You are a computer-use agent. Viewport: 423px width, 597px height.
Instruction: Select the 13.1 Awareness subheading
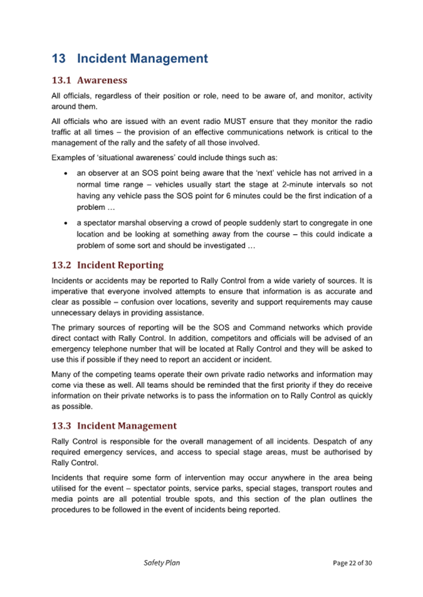(89, 80)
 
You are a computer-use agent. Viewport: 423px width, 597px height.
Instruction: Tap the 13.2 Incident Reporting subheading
(107, 265)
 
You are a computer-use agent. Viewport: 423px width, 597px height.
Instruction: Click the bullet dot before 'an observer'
(65, 174)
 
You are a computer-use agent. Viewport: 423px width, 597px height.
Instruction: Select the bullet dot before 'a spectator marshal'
(65, 223)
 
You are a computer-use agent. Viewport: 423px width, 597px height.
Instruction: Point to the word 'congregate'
(316, 223)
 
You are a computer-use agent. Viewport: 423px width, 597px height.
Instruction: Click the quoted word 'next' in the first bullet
(296, 174)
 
